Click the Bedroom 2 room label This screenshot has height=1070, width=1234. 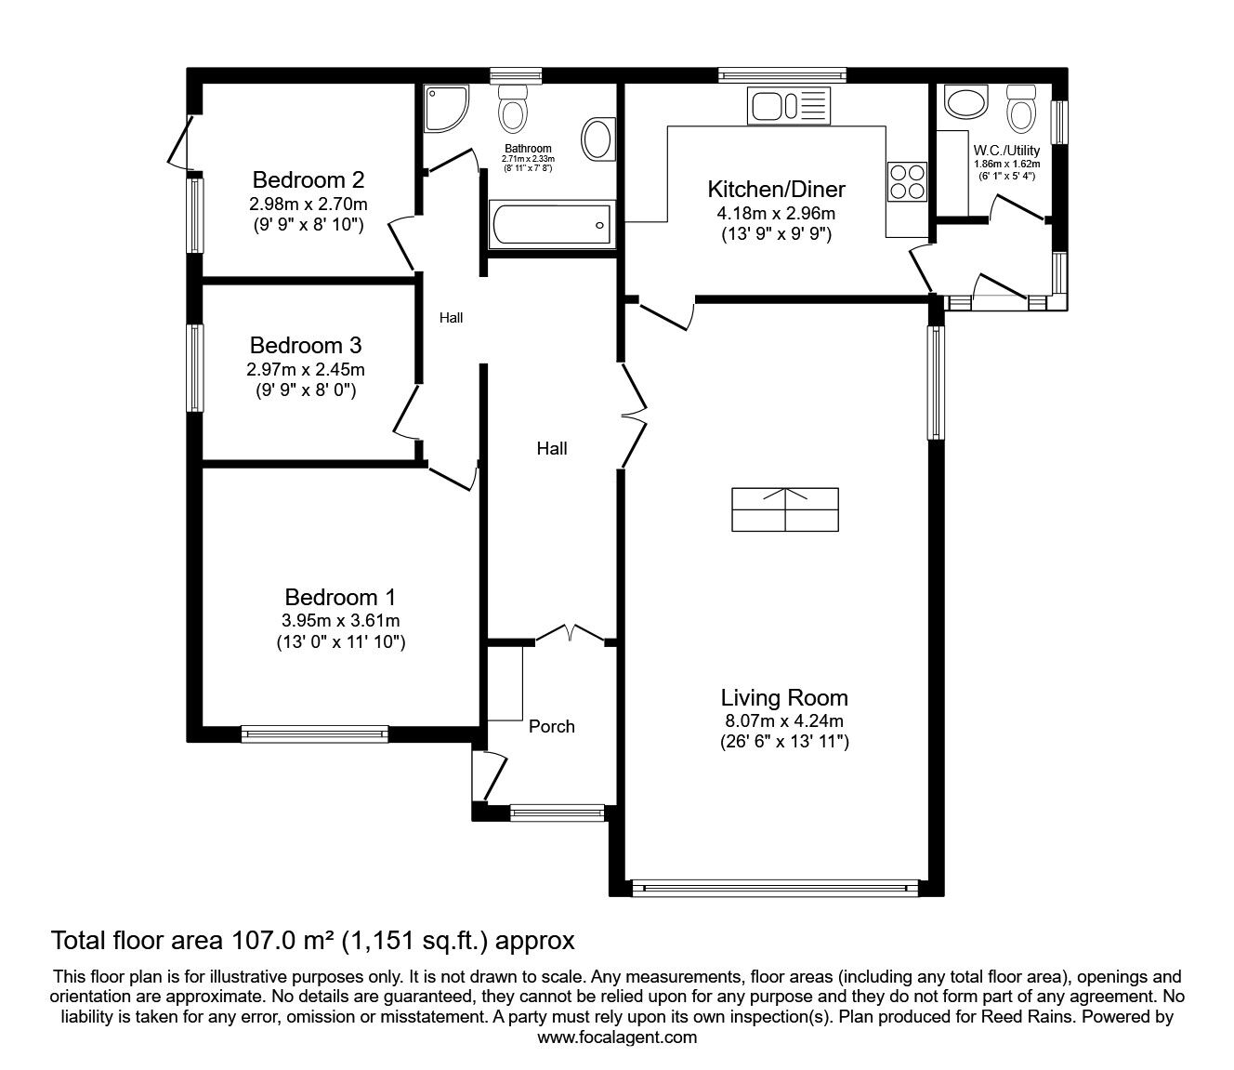pos(308,179)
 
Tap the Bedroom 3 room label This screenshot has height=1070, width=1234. pos(306,345)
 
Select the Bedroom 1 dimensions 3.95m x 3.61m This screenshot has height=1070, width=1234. pos(341,621)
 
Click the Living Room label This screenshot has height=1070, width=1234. pos(784,698)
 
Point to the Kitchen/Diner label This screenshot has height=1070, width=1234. pos(776,190)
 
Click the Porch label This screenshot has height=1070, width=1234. pos(552,726)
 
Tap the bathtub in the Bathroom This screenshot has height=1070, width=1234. pos(551,224)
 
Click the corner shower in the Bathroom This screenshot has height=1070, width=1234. pos(446,108)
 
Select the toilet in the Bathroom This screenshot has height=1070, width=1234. pos(513,108)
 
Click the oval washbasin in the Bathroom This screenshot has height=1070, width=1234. pos(597,139)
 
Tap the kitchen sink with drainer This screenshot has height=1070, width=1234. pos(788,106)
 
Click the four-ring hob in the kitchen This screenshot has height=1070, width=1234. pos(907,181)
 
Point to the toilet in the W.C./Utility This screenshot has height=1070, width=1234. pos(1020,108)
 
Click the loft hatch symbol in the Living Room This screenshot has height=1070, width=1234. pos(785,509)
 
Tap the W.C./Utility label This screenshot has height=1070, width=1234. pos(1006,151)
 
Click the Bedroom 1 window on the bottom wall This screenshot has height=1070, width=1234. pos(315,733)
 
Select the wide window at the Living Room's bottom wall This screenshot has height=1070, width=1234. pos(775,888)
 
